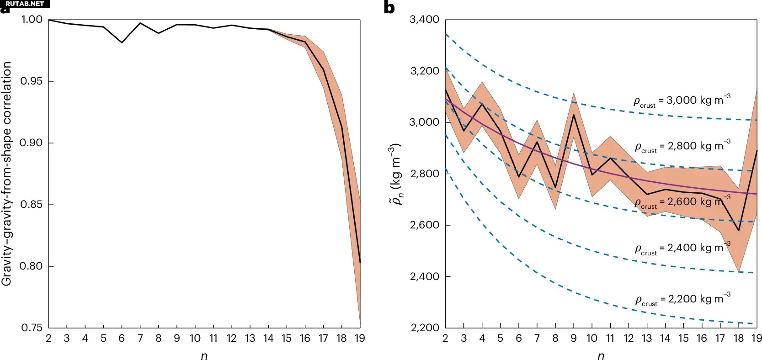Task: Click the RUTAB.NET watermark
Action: click(x=24, y=4)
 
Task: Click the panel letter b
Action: click(x=389, y=8)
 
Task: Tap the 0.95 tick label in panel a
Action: click(x=31, y=81)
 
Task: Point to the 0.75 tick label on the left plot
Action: click(x=31, y=328)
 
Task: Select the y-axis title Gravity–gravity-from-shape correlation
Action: click(x=7, y=174)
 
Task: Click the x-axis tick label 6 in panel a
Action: click(x=122, y=339)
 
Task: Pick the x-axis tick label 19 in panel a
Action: click(x=360, y=339)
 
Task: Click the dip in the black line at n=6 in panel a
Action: click(x=122, y=42)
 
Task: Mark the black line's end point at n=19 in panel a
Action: click(x=360, y=262)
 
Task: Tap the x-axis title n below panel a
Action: click(x=204, y=356)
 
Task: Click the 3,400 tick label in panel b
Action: click(x=424, y=20)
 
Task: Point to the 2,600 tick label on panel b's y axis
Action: click(x=424, y=225)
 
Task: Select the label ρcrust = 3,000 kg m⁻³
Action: click(x=682, y=101)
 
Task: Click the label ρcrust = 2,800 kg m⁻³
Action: click(x=682, y=147)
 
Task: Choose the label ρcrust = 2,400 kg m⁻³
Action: click(x=682, y=249)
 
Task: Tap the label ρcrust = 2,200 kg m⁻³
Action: click(x=682, y=300)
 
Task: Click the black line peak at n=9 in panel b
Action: click(x=574, y=114)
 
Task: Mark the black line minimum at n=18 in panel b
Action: click(x=739, y=231)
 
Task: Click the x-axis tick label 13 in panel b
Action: click(x=647, y=339)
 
